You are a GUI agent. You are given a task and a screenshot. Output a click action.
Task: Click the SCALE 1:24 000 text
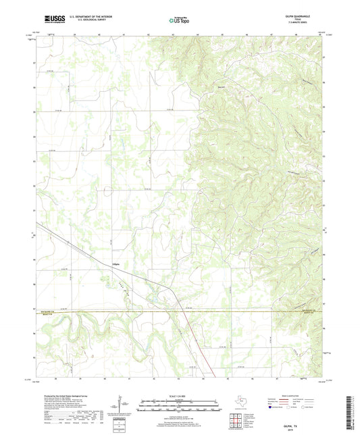[179, 395]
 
